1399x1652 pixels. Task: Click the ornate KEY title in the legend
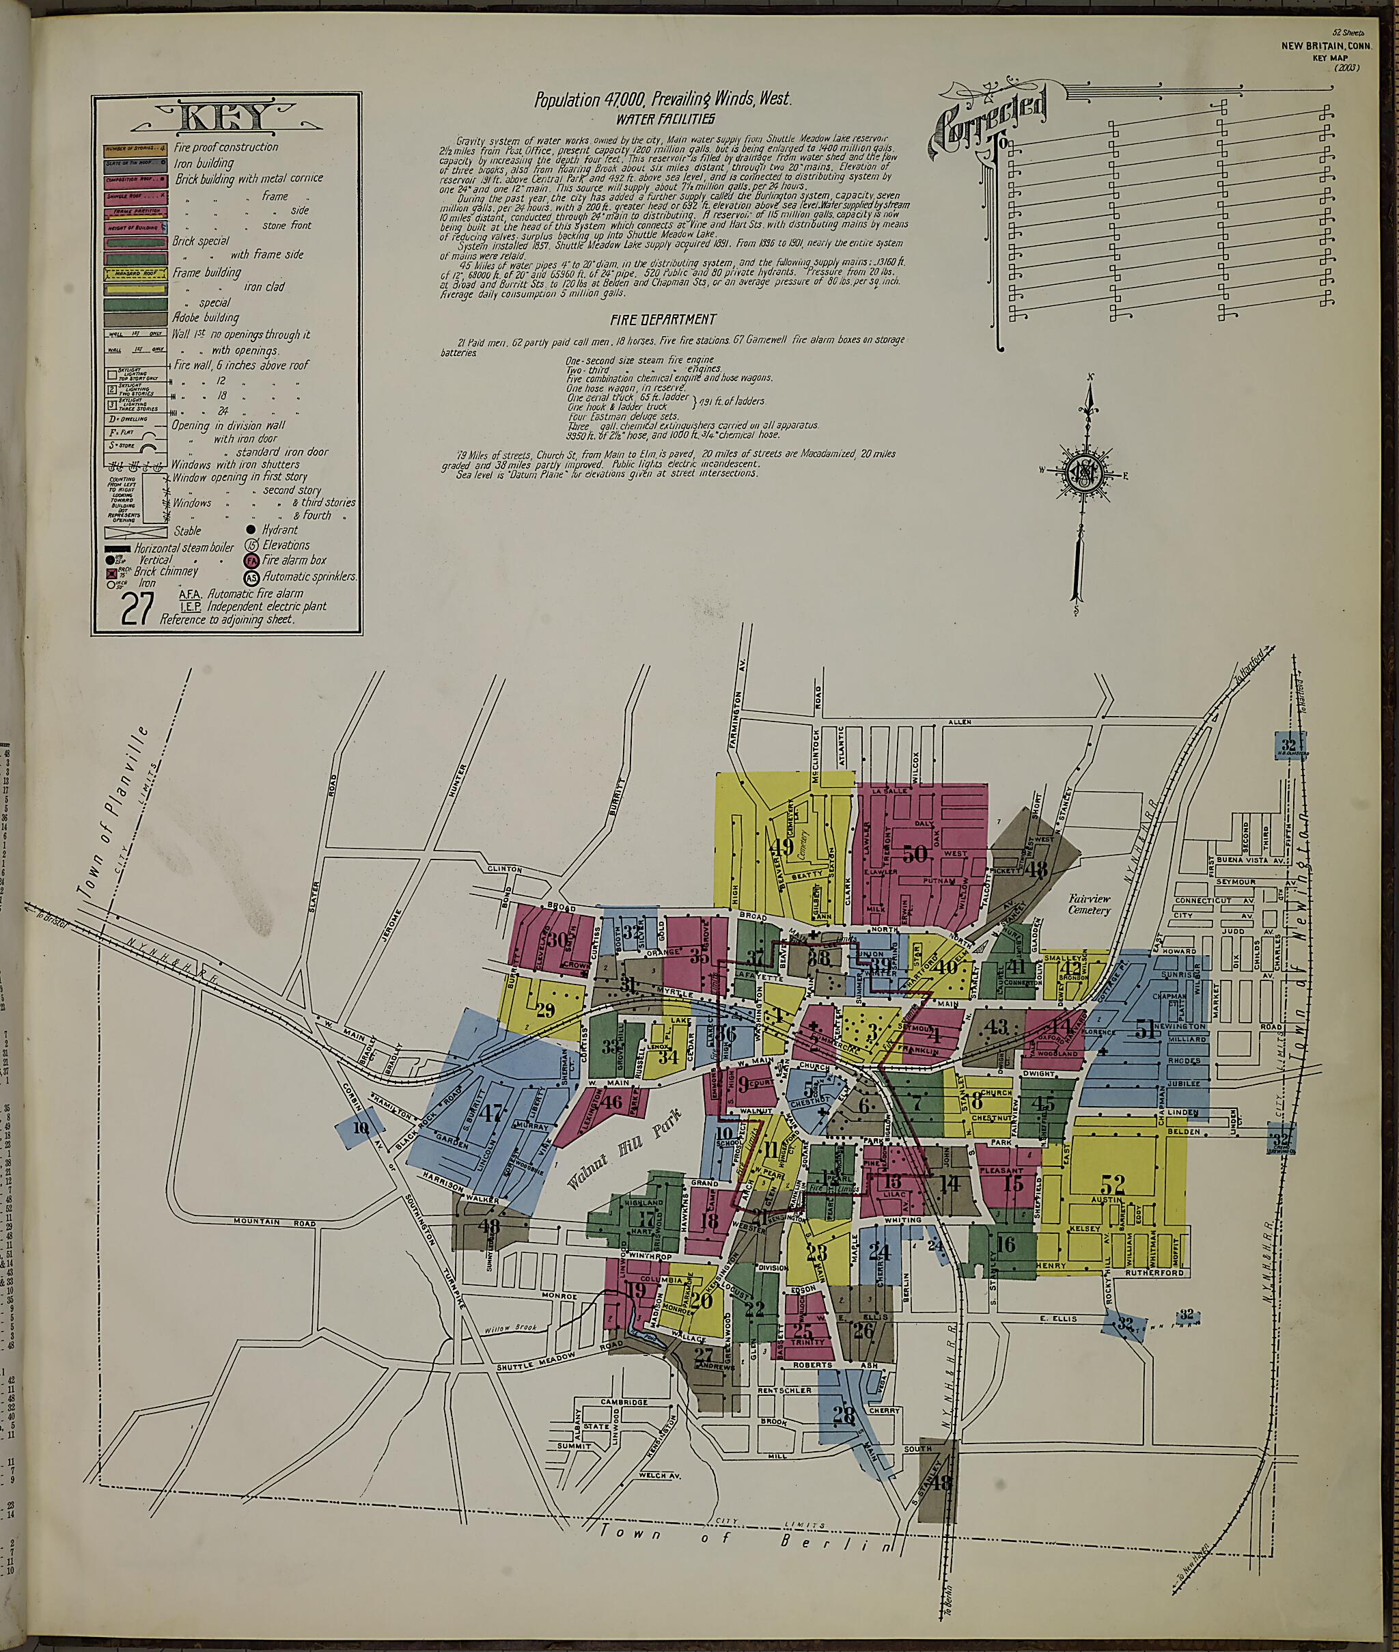pos(227,119)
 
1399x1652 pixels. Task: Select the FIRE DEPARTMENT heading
pos(663,319)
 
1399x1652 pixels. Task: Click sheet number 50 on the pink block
pos(915,854)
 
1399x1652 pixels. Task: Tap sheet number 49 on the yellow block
pos(781,846)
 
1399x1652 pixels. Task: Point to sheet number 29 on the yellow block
pos(545,1010)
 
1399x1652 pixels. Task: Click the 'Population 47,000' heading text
pos(663,99)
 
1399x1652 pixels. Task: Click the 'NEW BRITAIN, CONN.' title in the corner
pos(1320,45)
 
